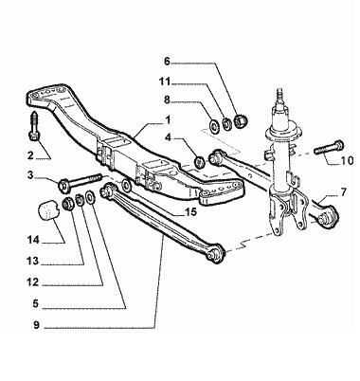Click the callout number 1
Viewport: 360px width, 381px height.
point(168,120)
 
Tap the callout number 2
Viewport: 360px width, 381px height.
point(30,155)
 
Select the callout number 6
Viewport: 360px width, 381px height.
point(167,61)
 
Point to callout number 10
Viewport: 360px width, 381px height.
point(347,161)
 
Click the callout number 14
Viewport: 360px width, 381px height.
point(33,240)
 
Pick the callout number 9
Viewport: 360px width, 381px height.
point(36,325)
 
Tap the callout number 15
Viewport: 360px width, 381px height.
point(191,211)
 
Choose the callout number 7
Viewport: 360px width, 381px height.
point(343,191)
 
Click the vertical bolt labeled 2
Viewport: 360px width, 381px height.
point(34,127)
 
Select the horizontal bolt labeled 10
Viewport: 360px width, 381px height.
point(329,147)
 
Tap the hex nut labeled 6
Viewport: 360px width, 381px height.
point(241,120)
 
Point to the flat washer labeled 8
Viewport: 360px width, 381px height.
point(214,126)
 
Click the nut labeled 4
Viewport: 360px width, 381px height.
point(199,162)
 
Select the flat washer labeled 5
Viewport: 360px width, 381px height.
point(90,198)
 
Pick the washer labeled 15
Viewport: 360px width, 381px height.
point(126,185)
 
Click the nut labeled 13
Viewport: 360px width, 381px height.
point(67,204)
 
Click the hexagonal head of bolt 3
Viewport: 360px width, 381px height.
point(64,185)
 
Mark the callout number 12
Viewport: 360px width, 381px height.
point(32,281)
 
